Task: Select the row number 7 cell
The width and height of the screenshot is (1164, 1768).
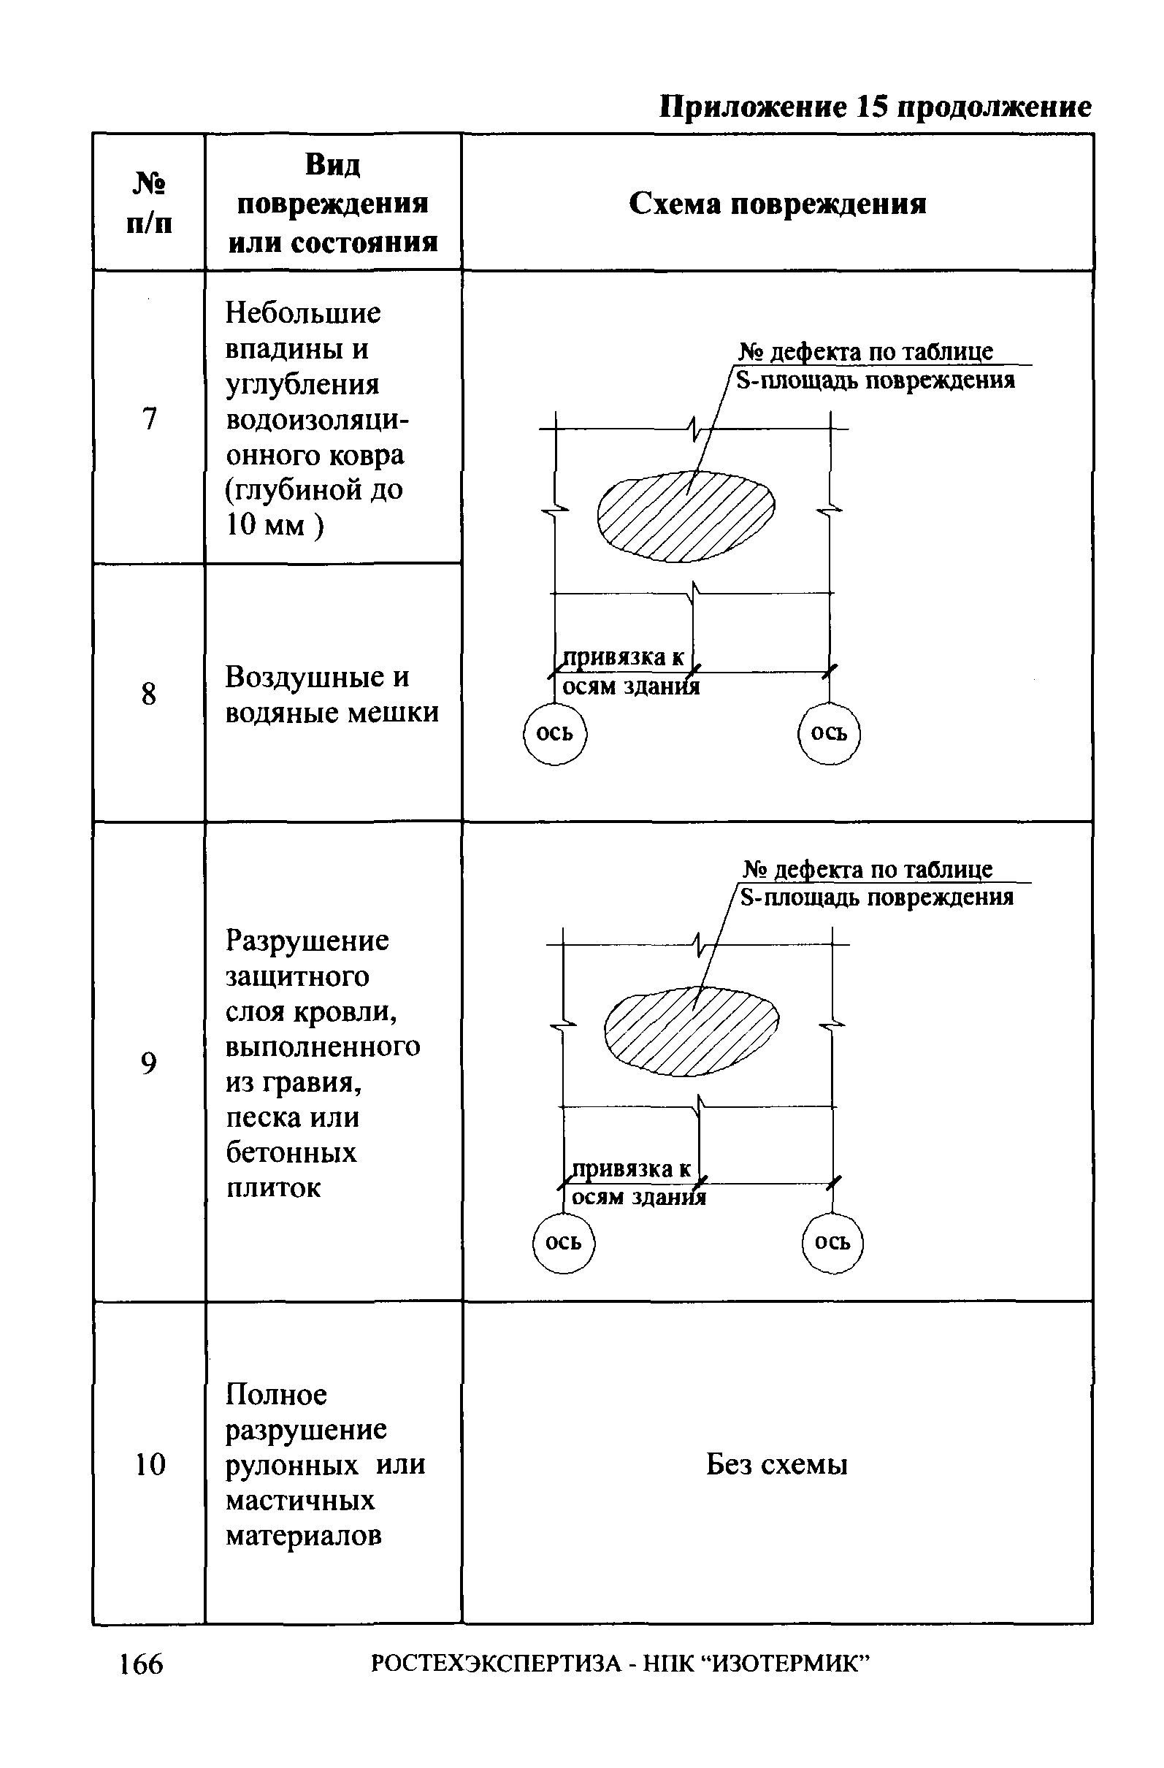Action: [149, 419]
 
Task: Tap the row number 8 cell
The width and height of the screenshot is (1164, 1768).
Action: [149, 694]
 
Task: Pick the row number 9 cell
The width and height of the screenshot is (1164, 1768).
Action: [149, 1064]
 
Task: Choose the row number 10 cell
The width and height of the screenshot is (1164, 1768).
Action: [149, 1464]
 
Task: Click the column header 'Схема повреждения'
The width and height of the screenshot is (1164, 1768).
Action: [777, 204]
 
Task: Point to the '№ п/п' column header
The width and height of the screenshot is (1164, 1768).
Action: [149, 202]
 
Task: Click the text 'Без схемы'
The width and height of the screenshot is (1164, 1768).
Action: [776, 1464]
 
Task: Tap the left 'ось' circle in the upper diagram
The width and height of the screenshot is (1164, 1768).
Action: [555, 733]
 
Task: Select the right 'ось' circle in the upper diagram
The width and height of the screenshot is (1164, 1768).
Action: [829, 733]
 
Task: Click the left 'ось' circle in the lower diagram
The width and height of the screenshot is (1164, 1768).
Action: [564, 1242]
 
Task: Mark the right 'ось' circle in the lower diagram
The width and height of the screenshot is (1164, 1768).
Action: [832, 1242]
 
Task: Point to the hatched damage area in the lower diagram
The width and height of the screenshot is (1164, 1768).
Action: [692, 1030]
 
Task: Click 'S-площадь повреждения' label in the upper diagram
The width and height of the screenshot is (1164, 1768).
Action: [876, 381]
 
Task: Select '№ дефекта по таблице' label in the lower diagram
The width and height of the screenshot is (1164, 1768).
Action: [868, 869]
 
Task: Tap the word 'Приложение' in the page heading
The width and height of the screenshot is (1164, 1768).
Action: [753, 107]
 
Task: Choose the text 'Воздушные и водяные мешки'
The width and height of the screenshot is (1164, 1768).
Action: [332, 694]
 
